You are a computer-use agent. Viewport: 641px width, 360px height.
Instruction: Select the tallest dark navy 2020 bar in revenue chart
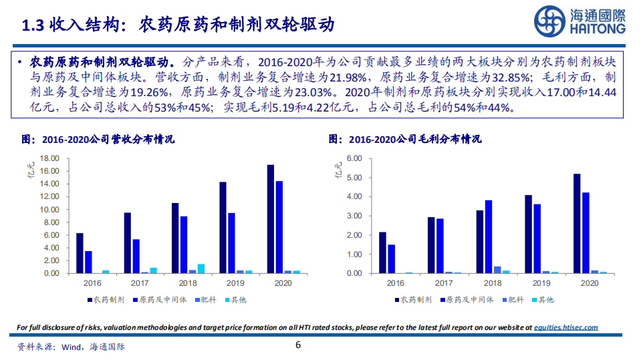click(270, 219)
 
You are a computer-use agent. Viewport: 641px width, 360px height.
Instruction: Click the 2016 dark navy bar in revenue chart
click(80, 253)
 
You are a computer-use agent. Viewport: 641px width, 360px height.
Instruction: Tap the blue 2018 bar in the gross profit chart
click(488, 236)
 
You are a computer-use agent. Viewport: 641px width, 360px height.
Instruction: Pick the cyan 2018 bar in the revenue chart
click(201, 268)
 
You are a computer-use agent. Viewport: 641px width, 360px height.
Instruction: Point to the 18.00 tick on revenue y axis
click(50, 158)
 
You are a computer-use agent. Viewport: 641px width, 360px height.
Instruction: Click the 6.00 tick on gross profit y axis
click(354, 158)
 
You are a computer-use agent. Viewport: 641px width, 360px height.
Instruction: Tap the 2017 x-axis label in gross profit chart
click(444, 284)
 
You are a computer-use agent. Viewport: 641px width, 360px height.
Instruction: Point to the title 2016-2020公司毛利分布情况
click(406, 140)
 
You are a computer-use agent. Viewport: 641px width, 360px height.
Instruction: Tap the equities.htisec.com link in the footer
click(566, 327)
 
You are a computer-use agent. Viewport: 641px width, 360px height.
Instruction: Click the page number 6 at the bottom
click(299, 345)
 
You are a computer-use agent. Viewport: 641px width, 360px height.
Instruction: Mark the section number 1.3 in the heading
click(33, 25)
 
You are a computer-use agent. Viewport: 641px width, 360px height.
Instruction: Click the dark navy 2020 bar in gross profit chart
click(577, 223)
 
